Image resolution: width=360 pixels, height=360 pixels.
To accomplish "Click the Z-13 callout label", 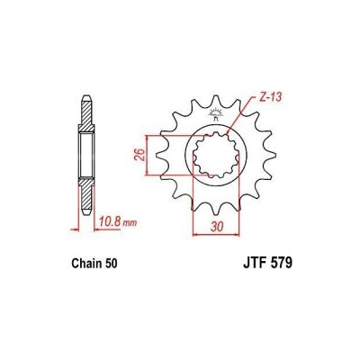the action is pos(269,98).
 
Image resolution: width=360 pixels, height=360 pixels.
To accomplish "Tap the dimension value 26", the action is pos(141,155).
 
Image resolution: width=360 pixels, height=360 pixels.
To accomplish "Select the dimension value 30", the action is pos(217,227).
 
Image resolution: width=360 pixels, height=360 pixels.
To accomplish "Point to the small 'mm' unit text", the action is pos(130,223).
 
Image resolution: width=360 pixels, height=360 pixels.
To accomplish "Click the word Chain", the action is pos(85,264).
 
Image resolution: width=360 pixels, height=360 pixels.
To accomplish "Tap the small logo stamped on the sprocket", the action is pos(216,113).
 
